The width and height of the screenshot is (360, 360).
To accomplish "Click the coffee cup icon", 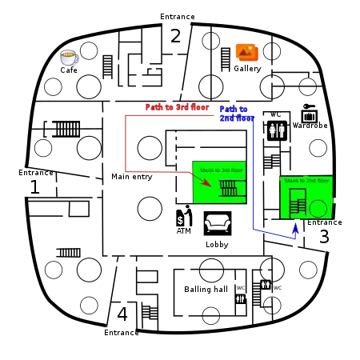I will pos(69,57).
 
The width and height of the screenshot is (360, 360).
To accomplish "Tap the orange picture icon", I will pos(244,51).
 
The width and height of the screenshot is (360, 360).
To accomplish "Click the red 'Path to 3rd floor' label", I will pos(177,106).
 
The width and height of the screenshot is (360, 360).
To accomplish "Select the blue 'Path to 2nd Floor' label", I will pos(234,112).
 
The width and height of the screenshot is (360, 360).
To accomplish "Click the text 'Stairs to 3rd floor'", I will pos(221,170).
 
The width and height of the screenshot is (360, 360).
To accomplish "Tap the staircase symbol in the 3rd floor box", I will pos(229,189).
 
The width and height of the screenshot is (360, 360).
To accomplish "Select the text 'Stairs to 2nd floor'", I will pos(306,181).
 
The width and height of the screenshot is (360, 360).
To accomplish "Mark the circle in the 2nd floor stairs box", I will pos(318,208).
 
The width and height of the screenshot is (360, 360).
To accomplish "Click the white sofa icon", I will pos(218,223).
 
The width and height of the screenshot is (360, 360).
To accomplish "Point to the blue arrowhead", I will pos(295,227).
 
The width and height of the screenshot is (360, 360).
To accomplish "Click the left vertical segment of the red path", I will pos(125,144).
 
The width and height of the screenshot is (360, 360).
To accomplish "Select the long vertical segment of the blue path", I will pos(253,172).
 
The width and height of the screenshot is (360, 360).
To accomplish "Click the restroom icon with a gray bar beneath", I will pos(240,299).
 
